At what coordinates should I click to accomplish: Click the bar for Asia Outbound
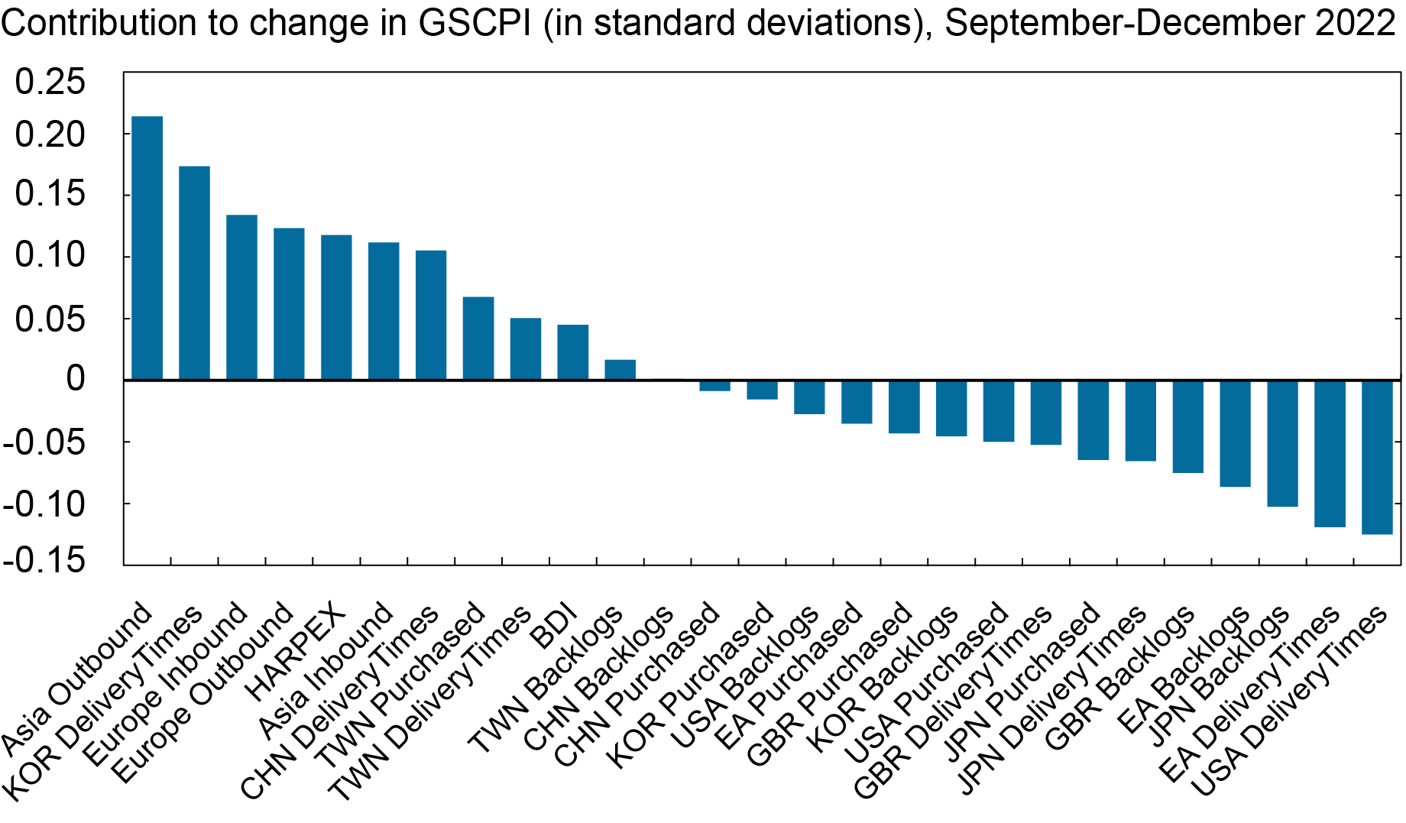(x=147, y=248)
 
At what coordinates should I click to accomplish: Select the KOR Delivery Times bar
(x=194, y=273)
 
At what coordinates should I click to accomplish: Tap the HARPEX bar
(x=336, y=307)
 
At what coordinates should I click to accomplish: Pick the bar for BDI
(x=572, y=352)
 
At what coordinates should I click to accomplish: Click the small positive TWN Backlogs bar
(x=620, y=370)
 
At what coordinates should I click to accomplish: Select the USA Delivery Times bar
(x=1377, y=457)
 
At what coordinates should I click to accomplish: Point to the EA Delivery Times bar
(x=1330, y=453)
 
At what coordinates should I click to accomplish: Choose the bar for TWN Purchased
(x=478, y=338)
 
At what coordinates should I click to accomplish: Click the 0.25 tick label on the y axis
(x=50, y=83)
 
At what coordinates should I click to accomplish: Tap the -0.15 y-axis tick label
(x=44, y=560)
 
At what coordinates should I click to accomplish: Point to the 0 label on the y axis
(x=75, y=379)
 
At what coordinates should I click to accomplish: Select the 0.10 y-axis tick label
(x=50, y=255)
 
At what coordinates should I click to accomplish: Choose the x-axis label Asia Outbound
(x=76, y=679)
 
